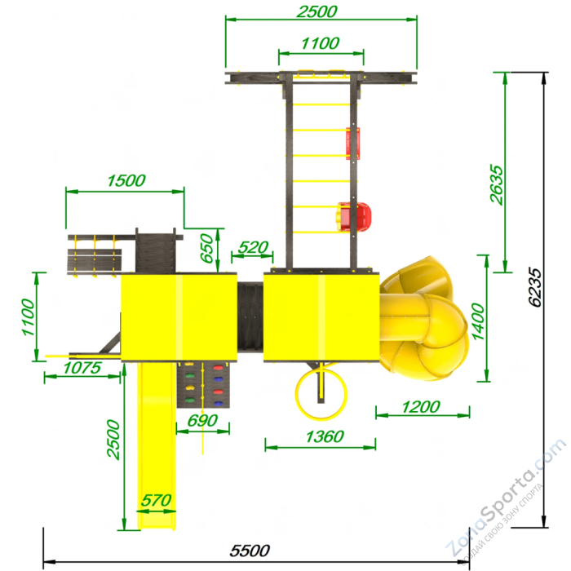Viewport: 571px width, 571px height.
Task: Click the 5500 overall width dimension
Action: click(x=250, y=551)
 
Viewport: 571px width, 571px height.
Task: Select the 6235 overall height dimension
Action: click(x=535, y=288)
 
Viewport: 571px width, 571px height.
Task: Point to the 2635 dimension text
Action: click(x=496, y=184)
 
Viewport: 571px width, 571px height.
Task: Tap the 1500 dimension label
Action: click(x=126, y=180)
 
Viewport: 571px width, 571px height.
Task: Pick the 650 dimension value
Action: click(x=207, y=248)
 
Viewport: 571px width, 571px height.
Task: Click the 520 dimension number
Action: click(x=253, y=248)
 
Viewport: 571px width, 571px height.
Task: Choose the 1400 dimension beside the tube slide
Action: click(x=479, y=321)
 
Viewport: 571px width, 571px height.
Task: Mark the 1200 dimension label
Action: click(x=421, y=407)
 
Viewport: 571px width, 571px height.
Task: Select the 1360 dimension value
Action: click(x=325, y=436)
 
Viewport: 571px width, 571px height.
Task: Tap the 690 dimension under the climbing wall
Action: click(x=202, y=421)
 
